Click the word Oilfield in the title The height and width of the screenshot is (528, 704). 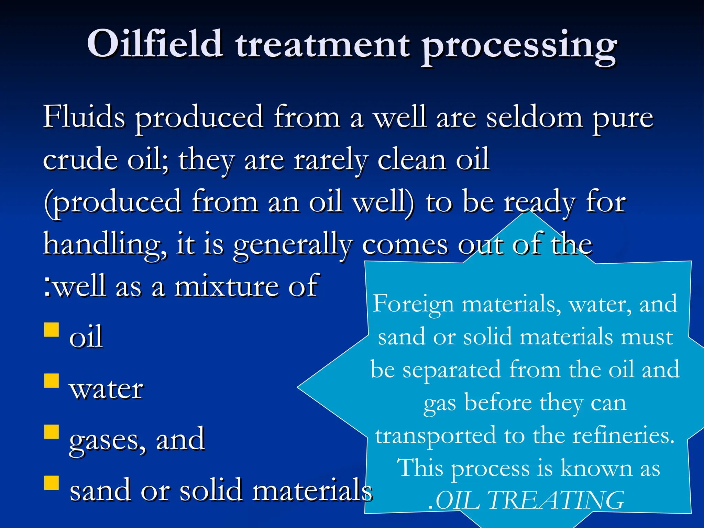coord(154,44)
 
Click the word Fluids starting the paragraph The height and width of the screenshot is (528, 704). coord(84,117)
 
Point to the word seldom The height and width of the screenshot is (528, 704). coord(535,118)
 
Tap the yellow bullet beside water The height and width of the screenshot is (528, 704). coord(52,381)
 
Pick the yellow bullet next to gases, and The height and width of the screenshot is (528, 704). coord(52,432)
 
